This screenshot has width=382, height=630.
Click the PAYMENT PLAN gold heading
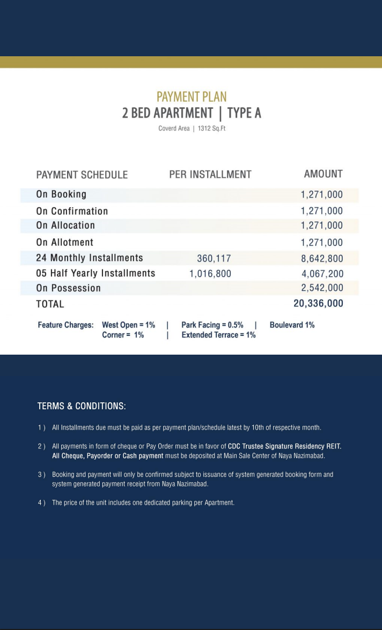coord(192,97)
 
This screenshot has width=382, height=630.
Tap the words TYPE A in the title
coord(244,113)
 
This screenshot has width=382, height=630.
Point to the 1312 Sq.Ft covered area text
coord(211,129)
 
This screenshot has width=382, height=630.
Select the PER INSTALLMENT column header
coord(210,175)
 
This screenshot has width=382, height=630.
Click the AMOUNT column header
coord(323,174)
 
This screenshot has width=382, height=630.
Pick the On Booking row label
coord(61,194)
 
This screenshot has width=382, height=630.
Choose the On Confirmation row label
coord(72,211)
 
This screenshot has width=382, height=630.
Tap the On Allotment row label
coord(64,242)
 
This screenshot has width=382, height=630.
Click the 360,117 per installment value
coord(214,258)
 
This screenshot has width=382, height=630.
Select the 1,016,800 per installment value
coord(210,274)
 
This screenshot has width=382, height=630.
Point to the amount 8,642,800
coord(322,258)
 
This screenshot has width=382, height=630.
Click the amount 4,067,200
coord(322,274)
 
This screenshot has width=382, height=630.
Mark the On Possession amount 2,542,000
coord(322,288)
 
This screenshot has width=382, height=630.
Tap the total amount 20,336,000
coord(318,304)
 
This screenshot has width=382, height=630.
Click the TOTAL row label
coord(50,304)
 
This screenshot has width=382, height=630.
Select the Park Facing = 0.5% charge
coord(212,325)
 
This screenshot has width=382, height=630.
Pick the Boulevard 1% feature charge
coord(292,325)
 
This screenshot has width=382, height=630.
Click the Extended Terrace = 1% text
coord(218,335)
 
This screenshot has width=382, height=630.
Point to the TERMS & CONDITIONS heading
coord(82,406)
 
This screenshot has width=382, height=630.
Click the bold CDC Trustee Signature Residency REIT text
coord(284,446)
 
